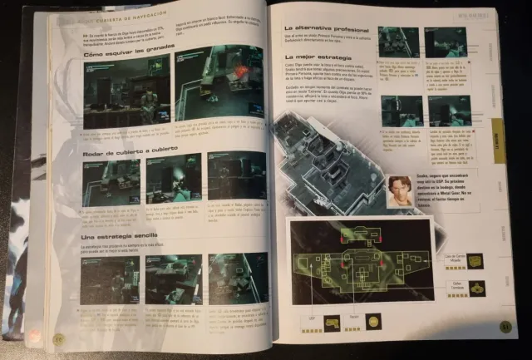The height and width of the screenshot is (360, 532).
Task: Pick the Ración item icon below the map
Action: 373,320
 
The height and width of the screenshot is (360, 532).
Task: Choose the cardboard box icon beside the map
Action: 477,288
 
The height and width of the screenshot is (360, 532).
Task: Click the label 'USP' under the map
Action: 313,317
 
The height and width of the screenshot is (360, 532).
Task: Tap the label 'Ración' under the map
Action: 355,316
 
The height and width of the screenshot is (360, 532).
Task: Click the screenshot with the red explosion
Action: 218,86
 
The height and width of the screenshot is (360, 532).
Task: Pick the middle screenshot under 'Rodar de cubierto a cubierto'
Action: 174,177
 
